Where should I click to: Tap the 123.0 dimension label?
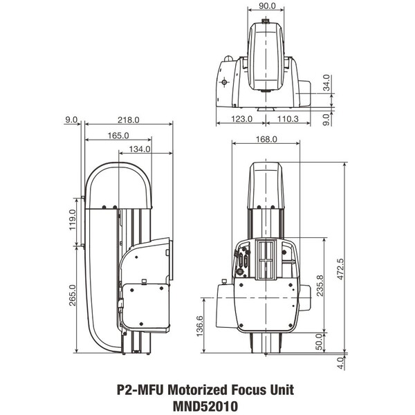[241, 120]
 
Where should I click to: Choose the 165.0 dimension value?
[118, 135]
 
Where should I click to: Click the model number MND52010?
[207, 407]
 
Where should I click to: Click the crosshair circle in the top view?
[225, 81]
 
